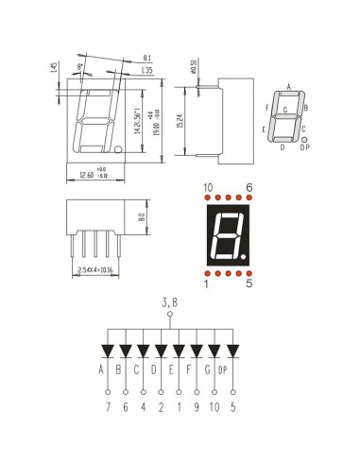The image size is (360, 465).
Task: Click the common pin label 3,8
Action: pyautogui.click(x=170, y=302)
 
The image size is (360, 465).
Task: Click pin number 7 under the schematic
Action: pyautogui.click(x=108, y=409)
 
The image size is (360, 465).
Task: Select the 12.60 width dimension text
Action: pyautogui.click(x=88, y=174)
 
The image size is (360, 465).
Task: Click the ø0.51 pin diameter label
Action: pyautogui.click(x=193, y=66)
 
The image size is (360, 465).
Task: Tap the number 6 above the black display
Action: pyautogui.click(x=249, y=187)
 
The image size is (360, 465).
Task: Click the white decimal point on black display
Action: pyautogui.click(x=244, y=256)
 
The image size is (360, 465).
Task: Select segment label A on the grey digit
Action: pyautogui.click(x=288, y=87)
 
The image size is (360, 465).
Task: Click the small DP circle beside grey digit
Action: pyautogui.click(x=303, y=139)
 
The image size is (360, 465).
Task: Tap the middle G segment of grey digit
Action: pyautogui.click(x=286, y=116)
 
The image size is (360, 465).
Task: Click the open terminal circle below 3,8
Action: pyautogui.click(x=170, y=315)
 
